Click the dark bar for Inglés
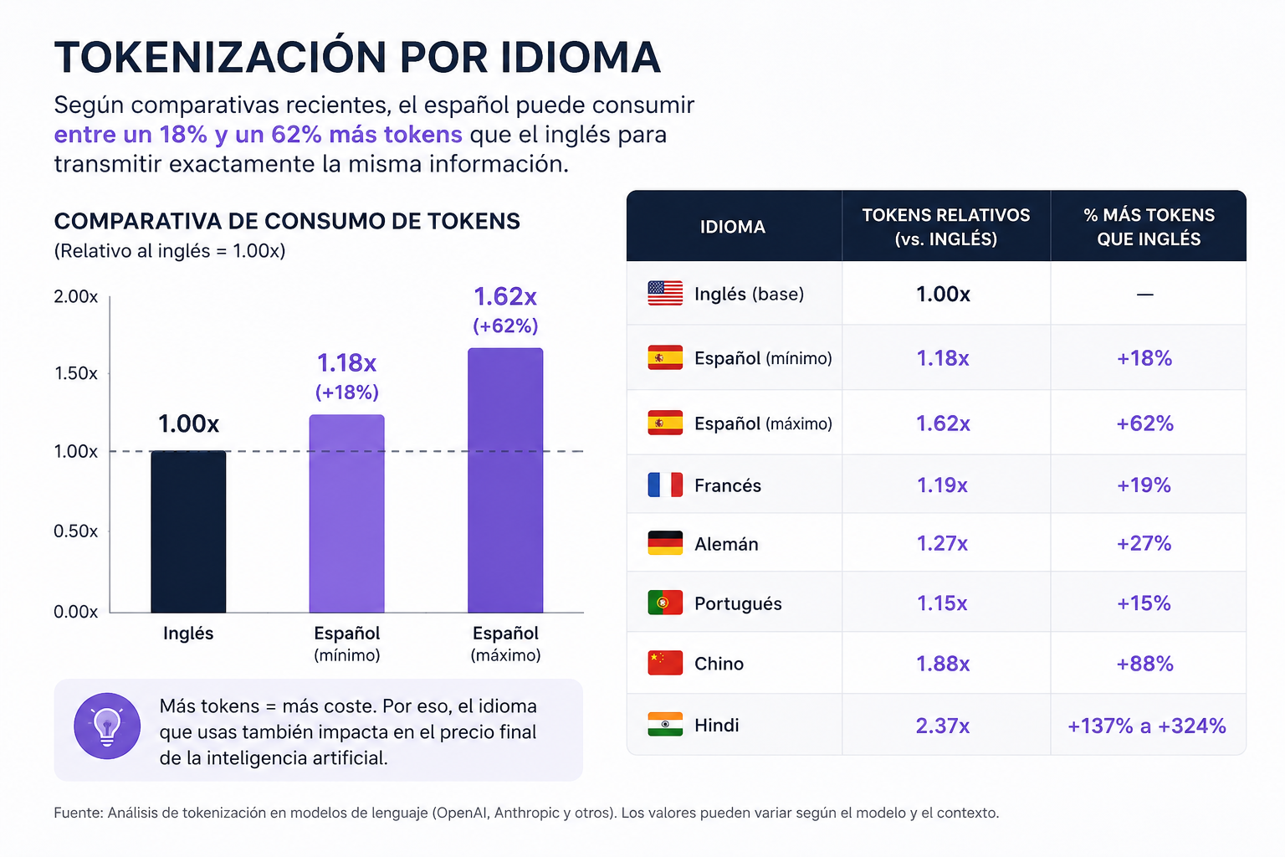188,531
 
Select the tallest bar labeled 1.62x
505,480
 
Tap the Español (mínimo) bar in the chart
347,513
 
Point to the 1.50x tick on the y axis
76,373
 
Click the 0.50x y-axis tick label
76,531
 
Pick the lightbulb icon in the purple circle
107,726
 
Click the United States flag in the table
665,293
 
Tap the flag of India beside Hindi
665,725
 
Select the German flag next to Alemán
665,543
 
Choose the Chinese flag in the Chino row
665,663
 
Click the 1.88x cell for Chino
943,664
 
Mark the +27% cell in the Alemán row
1144,543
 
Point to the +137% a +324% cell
1147,726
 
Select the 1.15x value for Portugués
942,603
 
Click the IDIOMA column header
733,228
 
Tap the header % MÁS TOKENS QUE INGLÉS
1149,228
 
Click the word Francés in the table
727,485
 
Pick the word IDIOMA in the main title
581,58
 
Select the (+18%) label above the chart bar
347,392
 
